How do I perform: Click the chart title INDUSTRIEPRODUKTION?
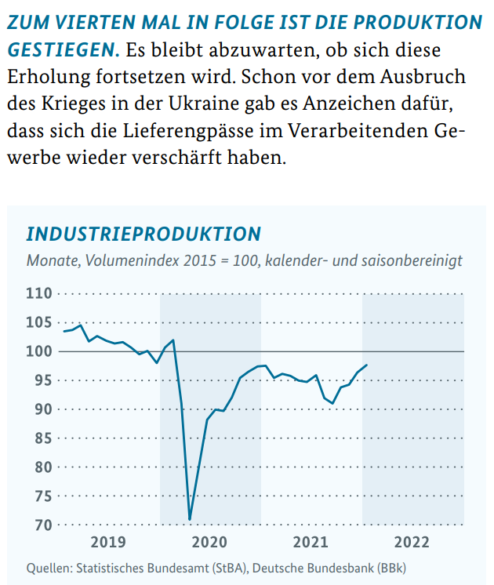(143, 234)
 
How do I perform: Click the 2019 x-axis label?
(108, 542)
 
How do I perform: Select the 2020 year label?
(209, 542)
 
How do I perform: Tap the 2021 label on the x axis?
(311, 542)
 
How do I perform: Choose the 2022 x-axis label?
(412, 542)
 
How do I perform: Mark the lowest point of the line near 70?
(190, 519)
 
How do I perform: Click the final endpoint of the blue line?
(367, 365)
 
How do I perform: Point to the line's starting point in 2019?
(64, 332)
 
